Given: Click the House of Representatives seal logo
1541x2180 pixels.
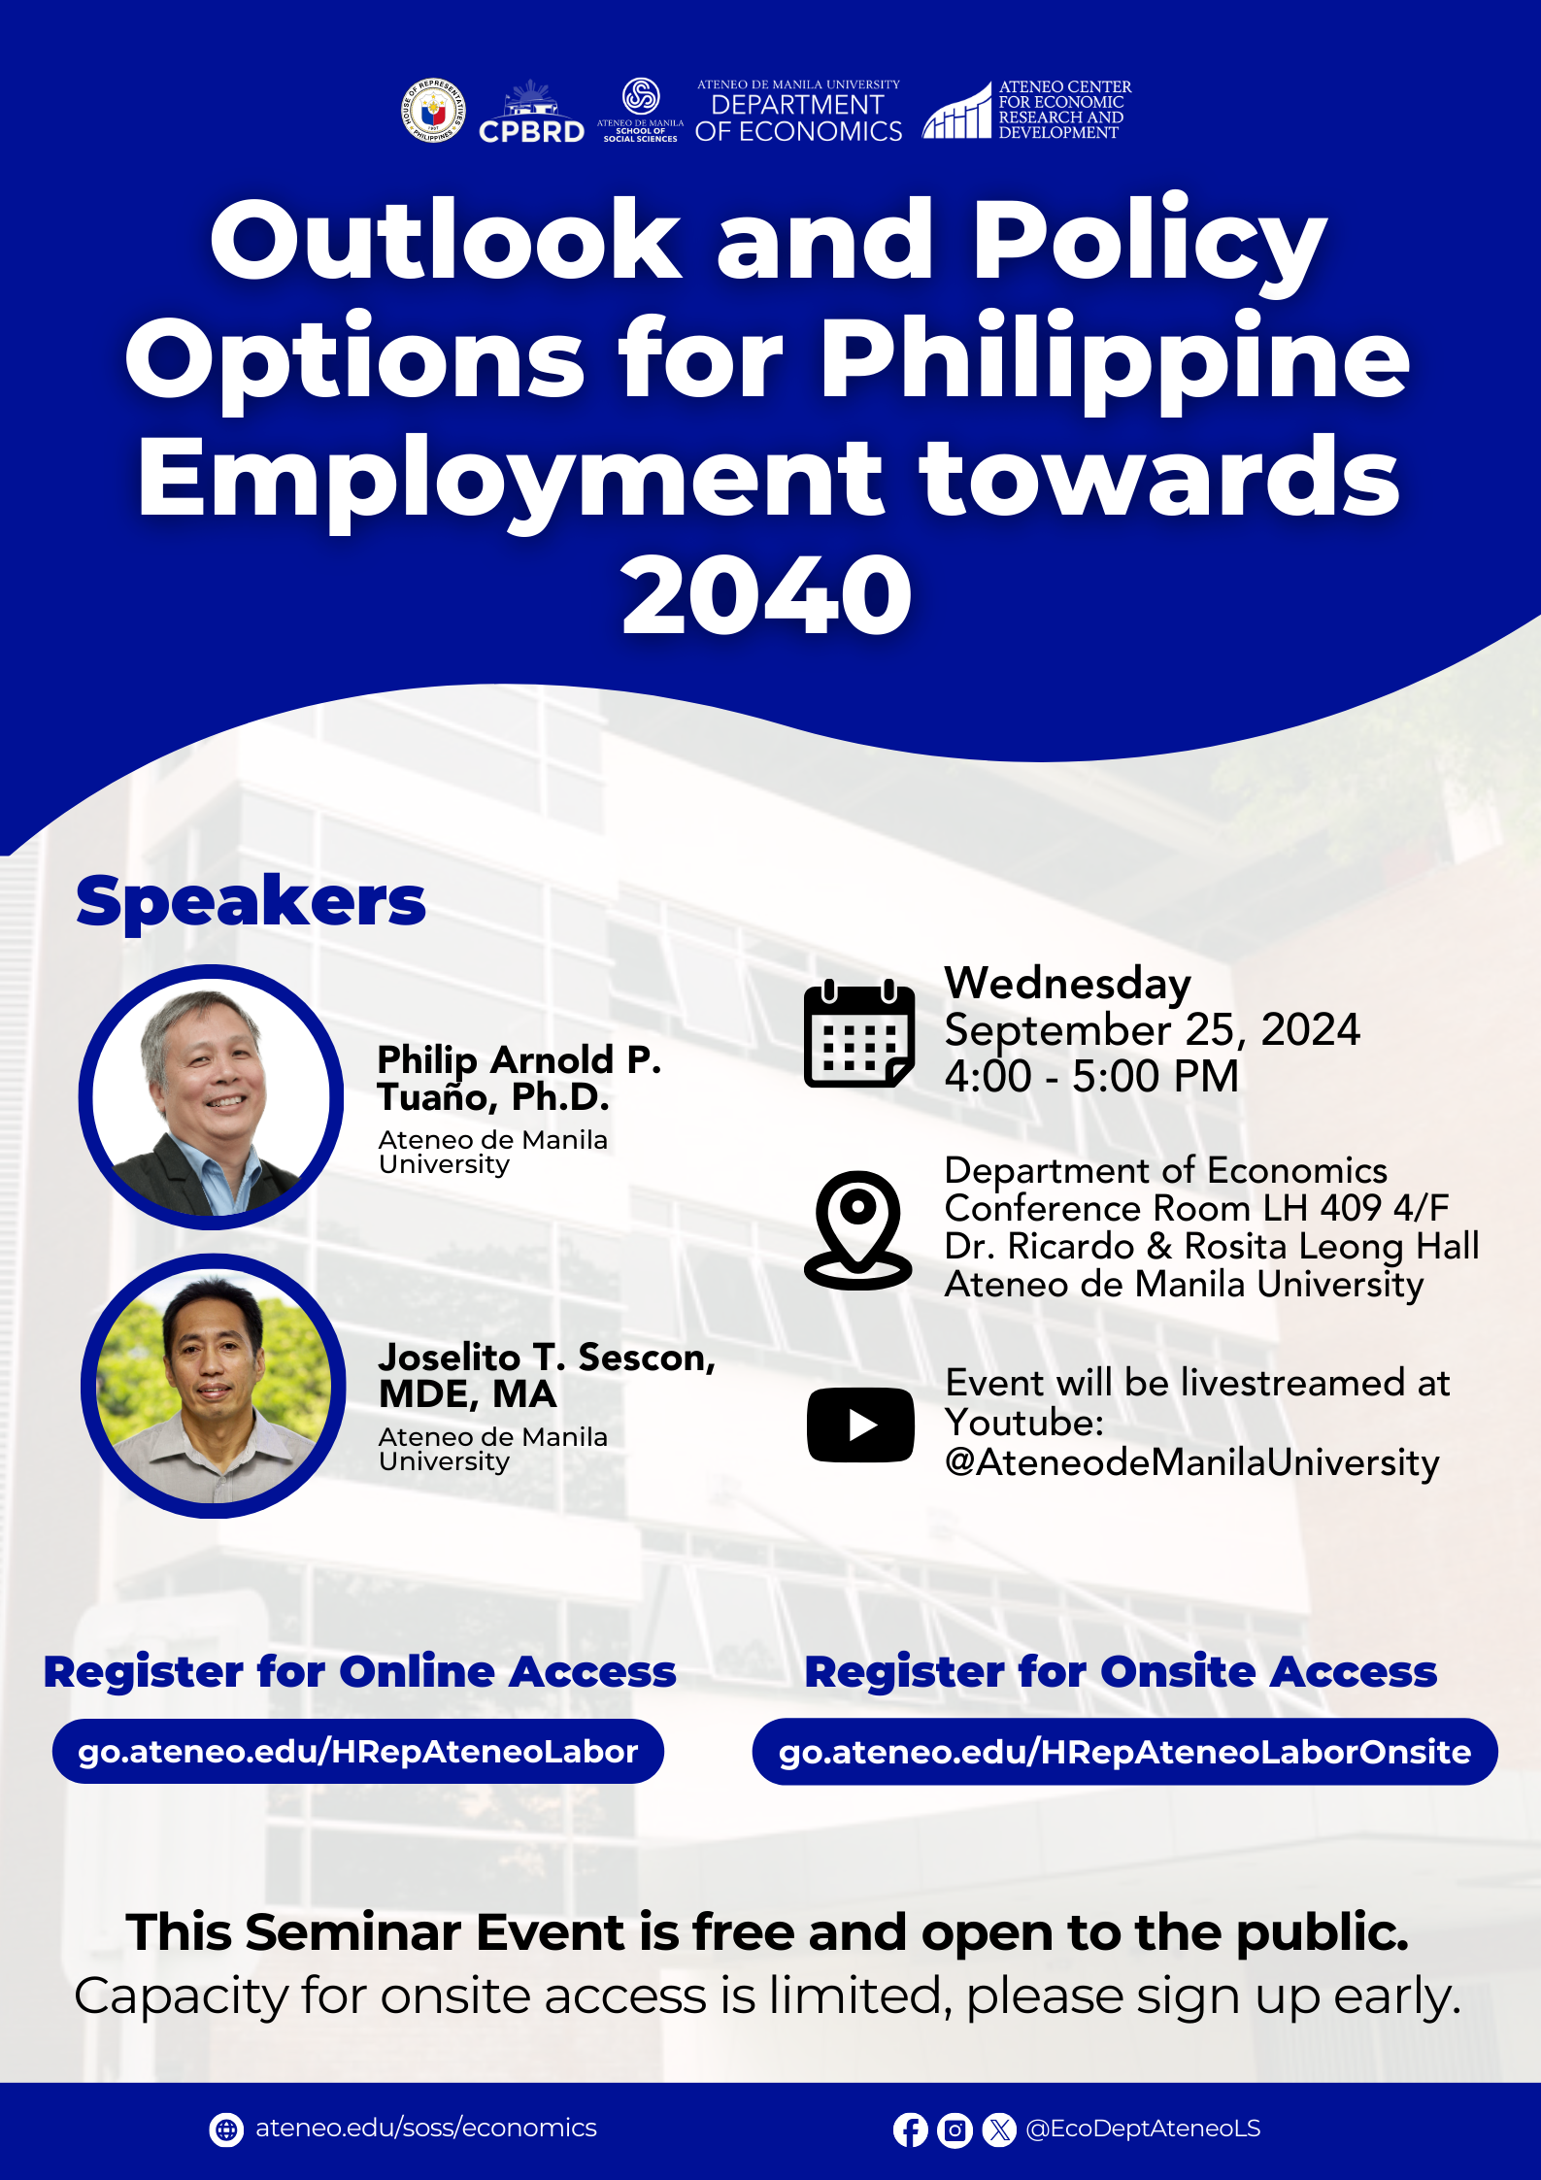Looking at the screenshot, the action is click(433, 111).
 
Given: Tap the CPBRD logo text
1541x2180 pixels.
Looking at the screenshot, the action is click(532, 132).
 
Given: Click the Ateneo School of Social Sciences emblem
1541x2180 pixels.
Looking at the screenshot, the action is click(641, 96).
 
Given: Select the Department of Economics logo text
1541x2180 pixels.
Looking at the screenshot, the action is click(798, 112).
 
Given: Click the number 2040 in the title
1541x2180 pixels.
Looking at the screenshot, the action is click(767, 594).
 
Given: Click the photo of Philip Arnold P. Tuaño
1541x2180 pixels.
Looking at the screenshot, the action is click(212, 1097).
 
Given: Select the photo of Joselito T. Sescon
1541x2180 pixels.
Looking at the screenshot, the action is click(214, 1386).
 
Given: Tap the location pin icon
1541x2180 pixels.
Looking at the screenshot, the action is click(858, 1230).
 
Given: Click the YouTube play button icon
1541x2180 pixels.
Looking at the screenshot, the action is click(860, 1425).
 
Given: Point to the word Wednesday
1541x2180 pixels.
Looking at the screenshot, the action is click(1067, 985).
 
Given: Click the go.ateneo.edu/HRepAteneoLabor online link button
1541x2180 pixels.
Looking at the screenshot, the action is click(358, 1752).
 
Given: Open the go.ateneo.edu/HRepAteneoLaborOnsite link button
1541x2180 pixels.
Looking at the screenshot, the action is click(1124, 1752).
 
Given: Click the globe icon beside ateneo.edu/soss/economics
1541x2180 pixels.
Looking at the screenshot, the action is click(226, 2130).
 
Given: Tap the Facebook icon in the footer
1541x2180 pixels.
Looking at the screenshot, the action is click(911, 2130).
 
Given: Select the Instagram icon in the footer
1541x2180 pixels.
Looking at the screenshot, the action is click(955, 2130).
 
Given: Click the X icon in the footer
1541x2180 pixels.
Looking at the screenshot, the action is click(999, 2130).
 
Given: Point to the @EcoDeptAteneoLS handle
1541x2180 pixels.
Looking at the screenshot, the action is click(1143, 2129).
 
